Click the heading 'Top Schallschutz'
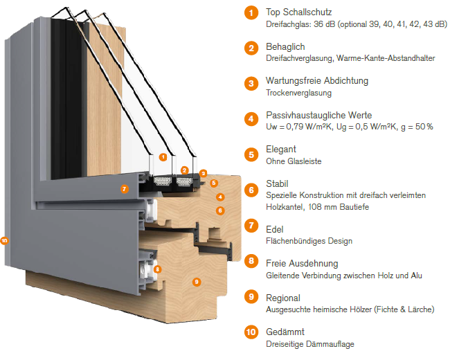pos(298,12)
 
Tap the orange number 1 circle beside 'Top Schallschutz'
pos(251,13)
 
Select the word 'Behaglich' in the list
pos(285,46)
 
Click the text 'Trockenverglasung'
pos(298,93)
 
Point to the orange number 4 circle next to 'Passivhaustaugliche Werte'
pos(251,118)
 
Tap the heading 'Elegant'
pos(281,149)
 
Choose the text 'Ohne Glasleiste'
pos(294,161)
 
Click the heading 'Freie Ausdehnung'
pos(302,264)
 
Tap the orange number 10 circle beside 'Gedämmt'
pos(251,333)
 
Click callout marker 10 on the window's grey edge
pos(5,241)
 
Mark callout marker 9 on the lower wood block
pos(196,282)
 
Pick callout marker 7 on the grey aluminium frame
pos(124,188)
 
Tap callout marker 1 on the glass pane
pos(163,157)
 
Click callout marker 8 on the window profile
pos(157,269)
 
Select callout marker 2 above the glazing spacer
pos(185,170)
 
